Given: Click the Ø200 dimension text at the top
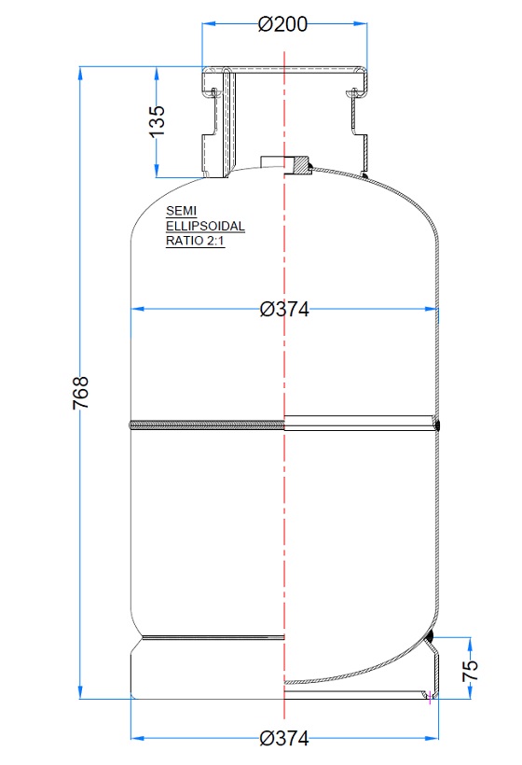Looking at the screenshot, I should tap(282, 25).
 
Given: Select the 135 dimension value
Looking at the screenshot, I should tap(158, 121).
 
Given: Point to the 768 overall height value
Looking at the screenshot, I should tap(81, 393).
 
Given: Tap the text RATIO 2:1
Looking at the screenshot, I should tap(194, 241).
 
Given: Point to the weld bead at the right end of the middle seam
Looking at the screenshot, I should tap(437, 425).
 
